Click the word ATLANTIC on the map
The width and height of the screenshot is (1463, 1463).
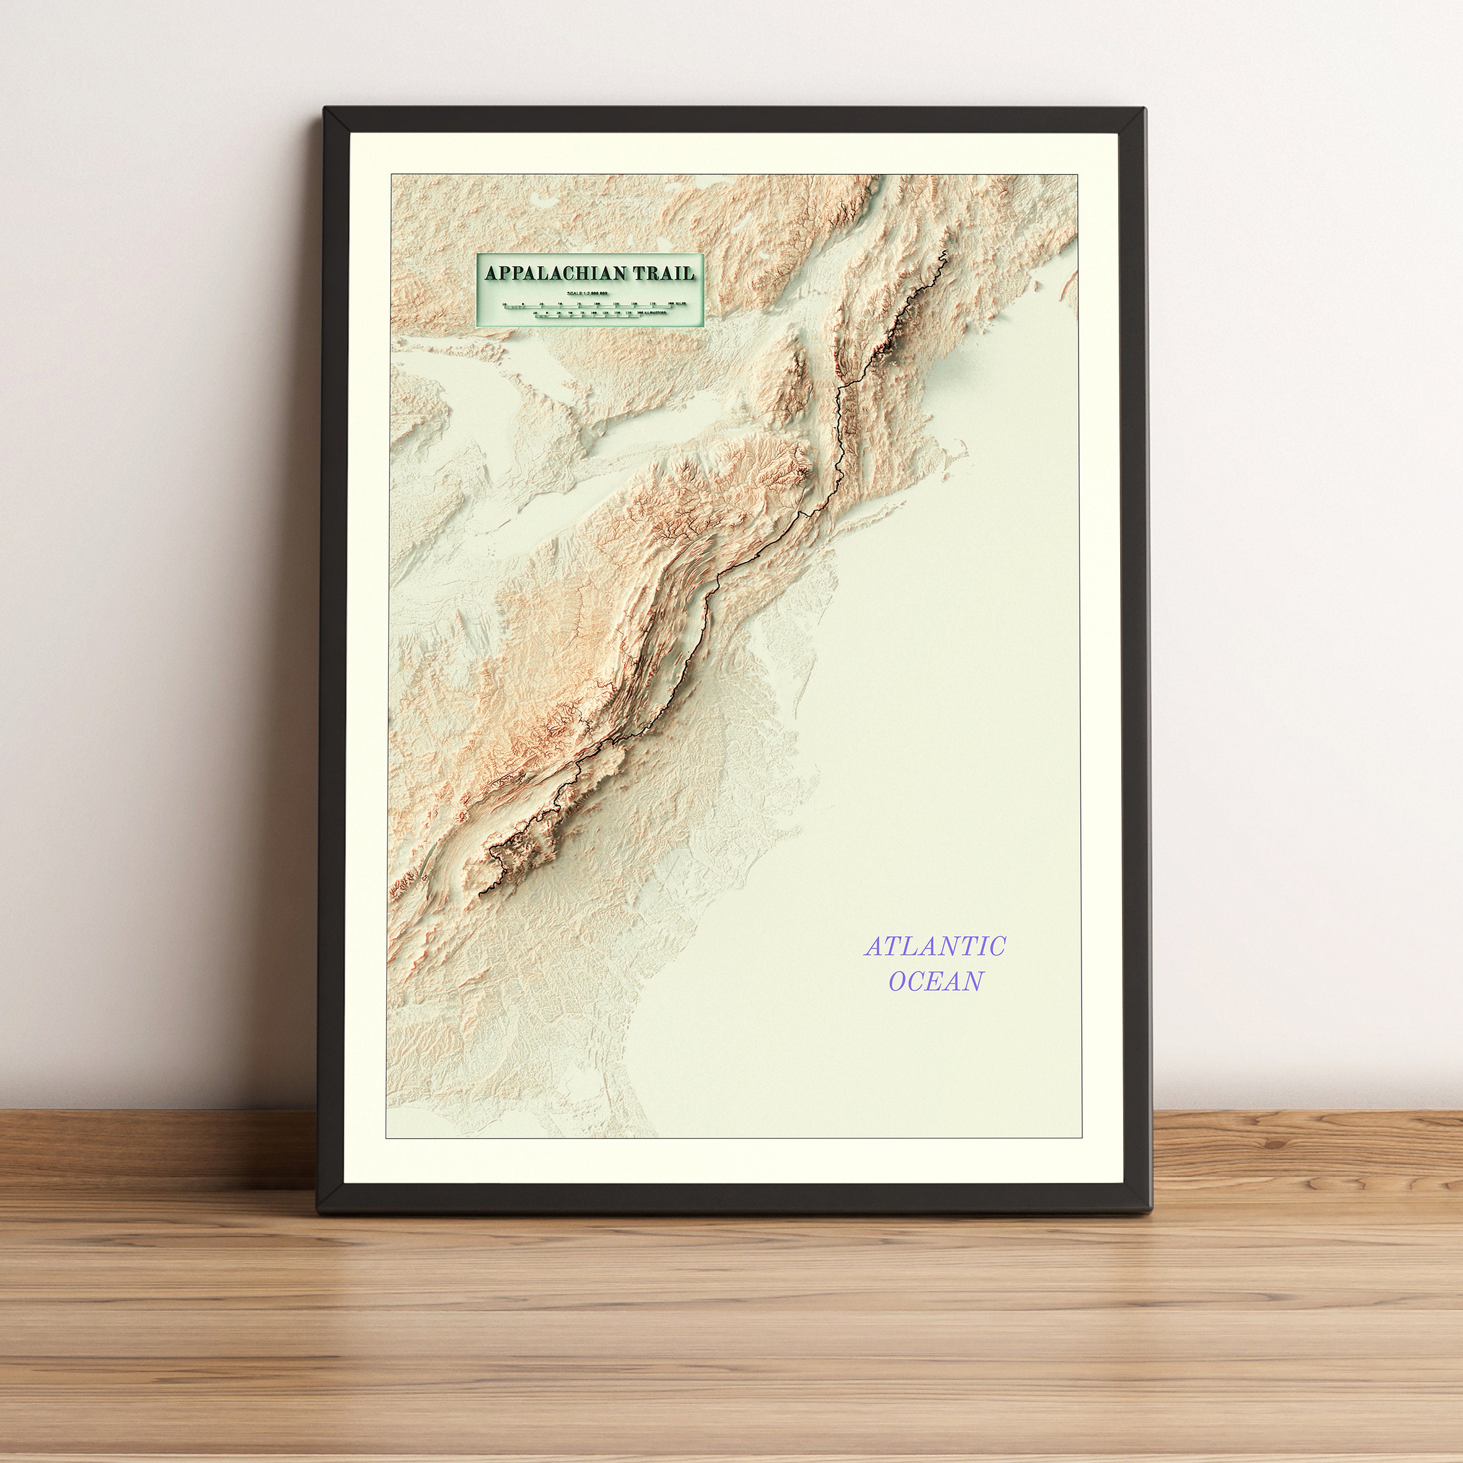935,947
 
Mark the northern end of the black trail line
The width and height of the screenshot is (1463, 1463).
944,252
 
